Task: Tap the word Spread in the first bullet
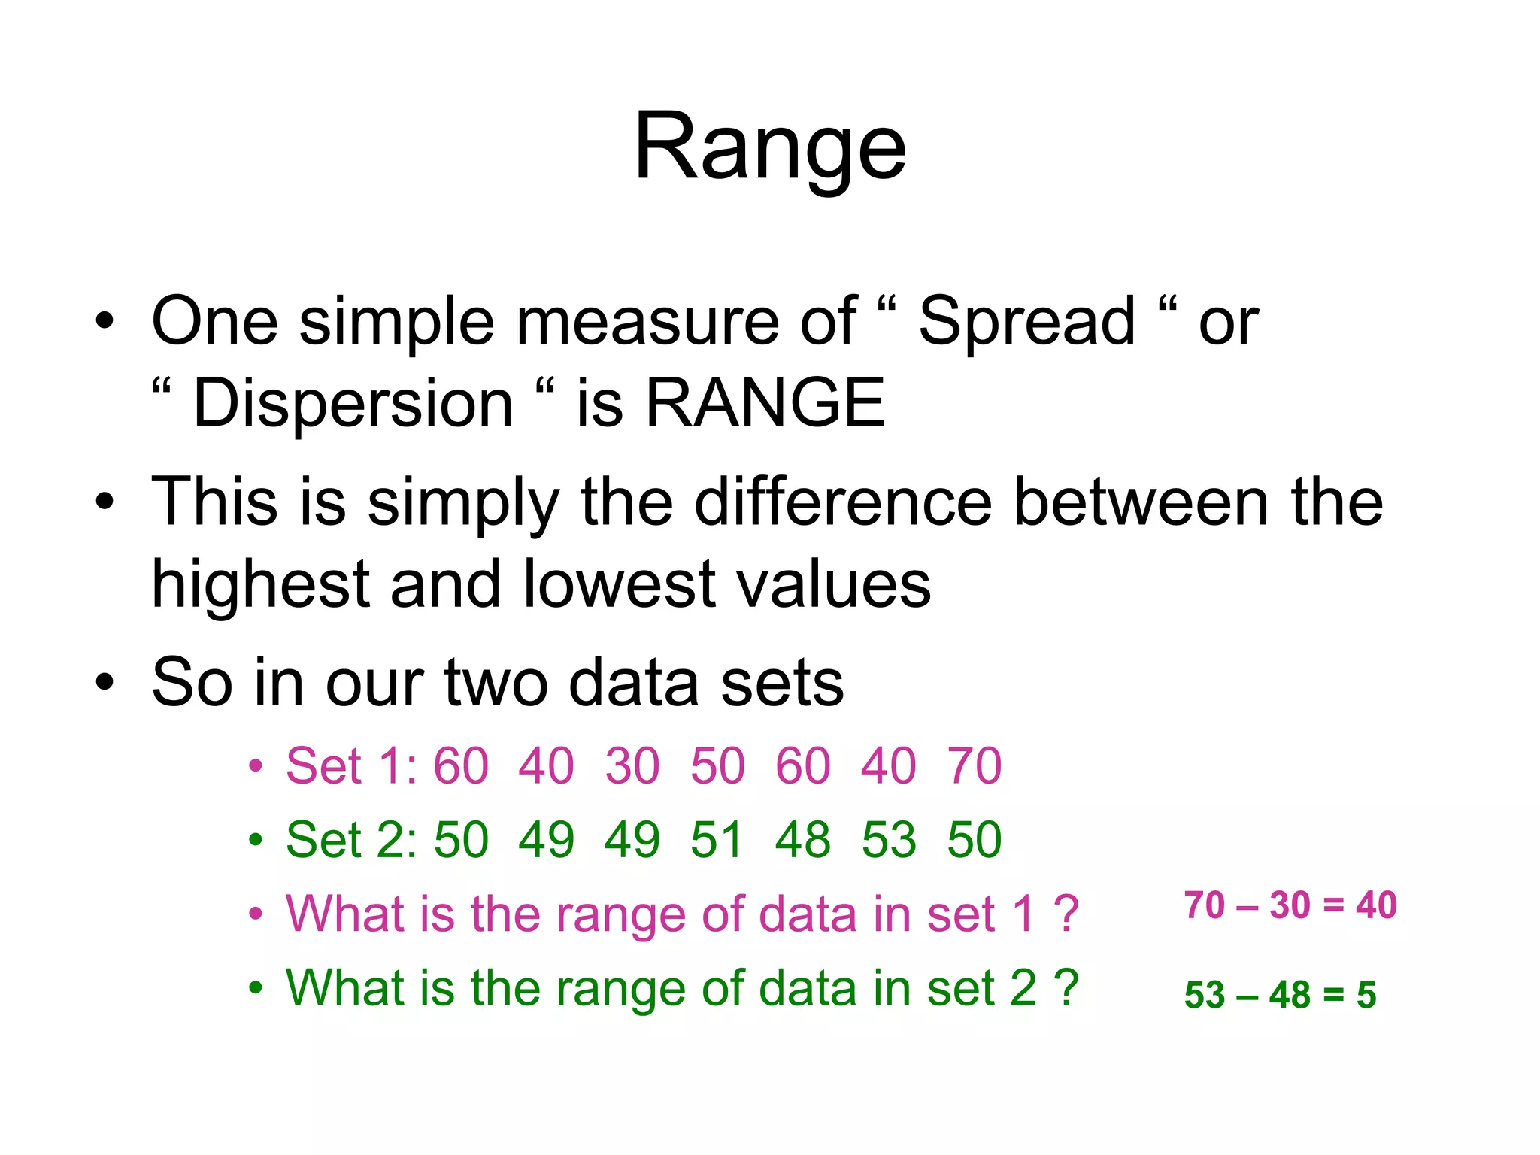[1026, 322]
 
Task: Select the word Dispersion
[353, 404]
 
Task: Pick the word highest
[260, 585]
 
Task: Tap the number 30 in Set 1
[632, 766]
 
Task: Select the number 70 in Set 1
[975, 766]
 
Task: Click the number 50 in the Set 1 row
[718, 766]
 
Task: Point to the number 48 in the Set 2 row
[803, 840]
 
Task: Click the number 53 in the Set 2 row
[889, 840]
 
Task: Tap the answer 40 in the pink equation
[1376, 905]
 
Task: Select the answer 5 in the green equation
[1366, 995]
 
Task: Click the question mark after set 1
[1066, 914]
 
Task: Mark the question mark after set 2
[1066, 987]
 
